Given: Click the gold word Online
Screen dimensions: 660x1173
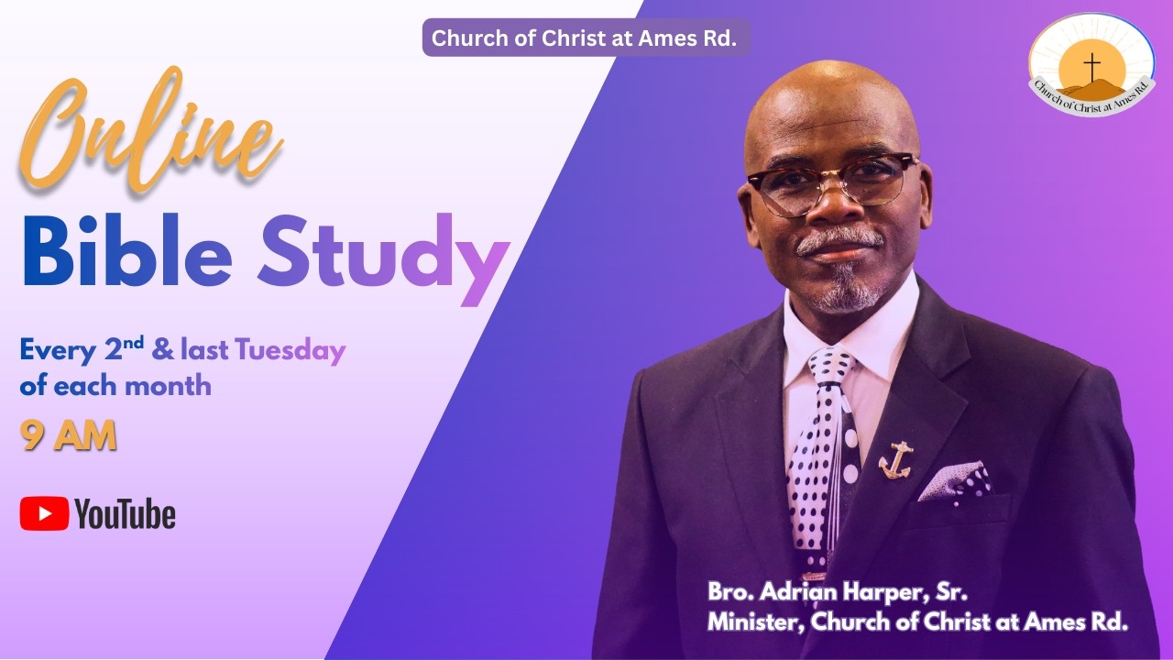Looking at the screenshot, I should coord(151,136).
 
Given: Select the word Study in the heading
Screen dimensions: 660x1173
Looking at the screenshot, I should coord(382,252).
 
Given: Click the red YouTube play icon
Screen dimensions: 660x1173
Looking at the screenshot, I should coord(44,513).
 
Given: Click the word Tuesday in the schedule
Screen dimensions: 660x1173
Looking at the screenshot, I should coord(290,350).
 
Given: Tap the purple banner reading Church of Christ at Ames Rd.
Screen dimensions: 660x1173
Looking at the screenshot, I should coord(585,38).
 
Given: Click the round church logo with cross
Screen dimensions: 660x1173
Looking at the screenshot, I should coord(1091,64).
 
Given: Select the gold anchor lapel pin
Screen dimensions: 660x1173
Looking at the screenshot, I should coord(894,461).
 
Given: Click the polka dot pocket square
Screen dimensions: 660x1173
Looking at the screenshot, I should coord(955,481).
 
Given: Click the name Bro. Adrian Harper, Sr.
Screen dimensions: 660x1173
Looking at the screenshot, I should coord(838,591).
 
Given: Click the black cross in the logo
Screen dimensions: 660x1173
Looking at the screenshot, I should coord(1091,64).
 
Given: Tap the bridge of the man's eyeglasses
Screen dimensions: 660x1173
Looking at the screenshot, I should coord(831,177).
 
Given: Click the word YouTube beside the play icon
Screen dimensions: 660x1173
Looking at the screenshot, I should coord(125,514).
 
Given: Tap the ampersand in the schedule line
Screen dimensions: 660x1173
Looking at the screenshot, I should coord(165,351).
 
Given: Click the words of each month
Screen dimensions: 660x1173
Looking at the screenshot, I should coord(115,385).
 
